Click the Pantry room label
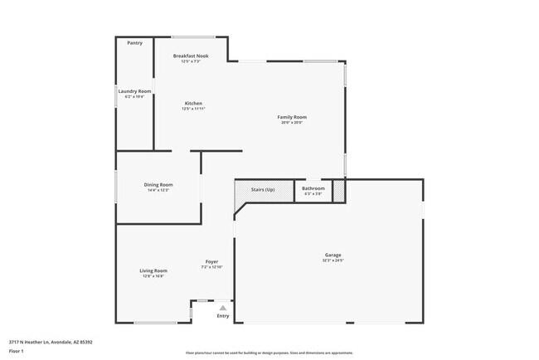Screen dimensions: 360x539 tap(134, 42)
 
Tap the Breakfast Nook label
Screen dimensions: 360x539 tap(191, 56)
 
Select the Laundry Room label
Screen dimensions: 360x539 tap(134, 90)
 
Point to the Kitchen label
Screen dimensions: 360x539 tap(193, 104)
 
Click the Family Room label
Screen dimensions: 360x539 tap(292, 117)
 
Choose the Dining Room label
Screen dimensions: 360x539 tap(158, 184)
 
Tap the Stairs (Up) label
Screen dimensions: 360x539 tap(263, 188)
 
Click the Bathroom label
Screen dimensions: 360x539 tap(313, 188)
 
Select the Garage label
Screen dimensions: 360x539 tap(333, 255)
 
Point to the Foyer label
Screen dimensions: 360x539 tap(212, 261)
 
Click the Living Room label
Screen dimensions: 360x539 tap(153, 270)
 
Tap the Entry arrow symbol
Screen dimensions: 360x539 tap(222, 308)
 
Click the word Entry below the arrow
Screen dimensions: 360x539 tap(222, 316)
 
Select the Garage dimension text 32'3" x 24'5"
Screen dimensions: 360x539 tap(333, 260)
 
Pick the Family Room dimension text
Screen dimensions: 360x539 tap(292, 123)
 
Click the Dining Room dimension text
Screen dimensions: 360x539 tap(158, 190)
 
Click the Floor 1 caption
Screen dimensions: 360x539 tap(17, 351)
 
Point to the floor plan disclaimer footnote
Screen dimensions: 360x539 tap(269, 353)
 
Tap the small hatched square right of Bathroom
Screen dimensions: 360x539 tap(338, 190)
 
